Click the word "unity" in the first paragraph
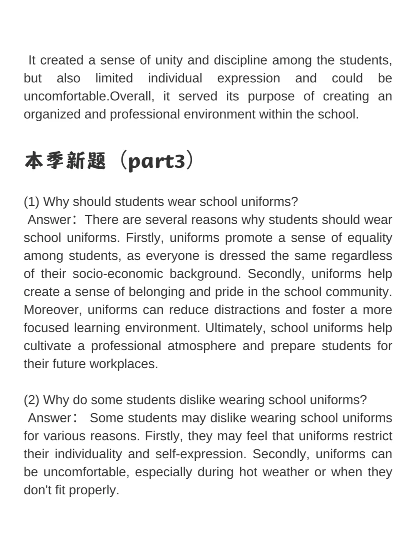pos(168,60)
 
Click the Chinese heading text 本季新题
pos(65,161)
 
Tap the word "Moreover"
pos(53,310)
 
